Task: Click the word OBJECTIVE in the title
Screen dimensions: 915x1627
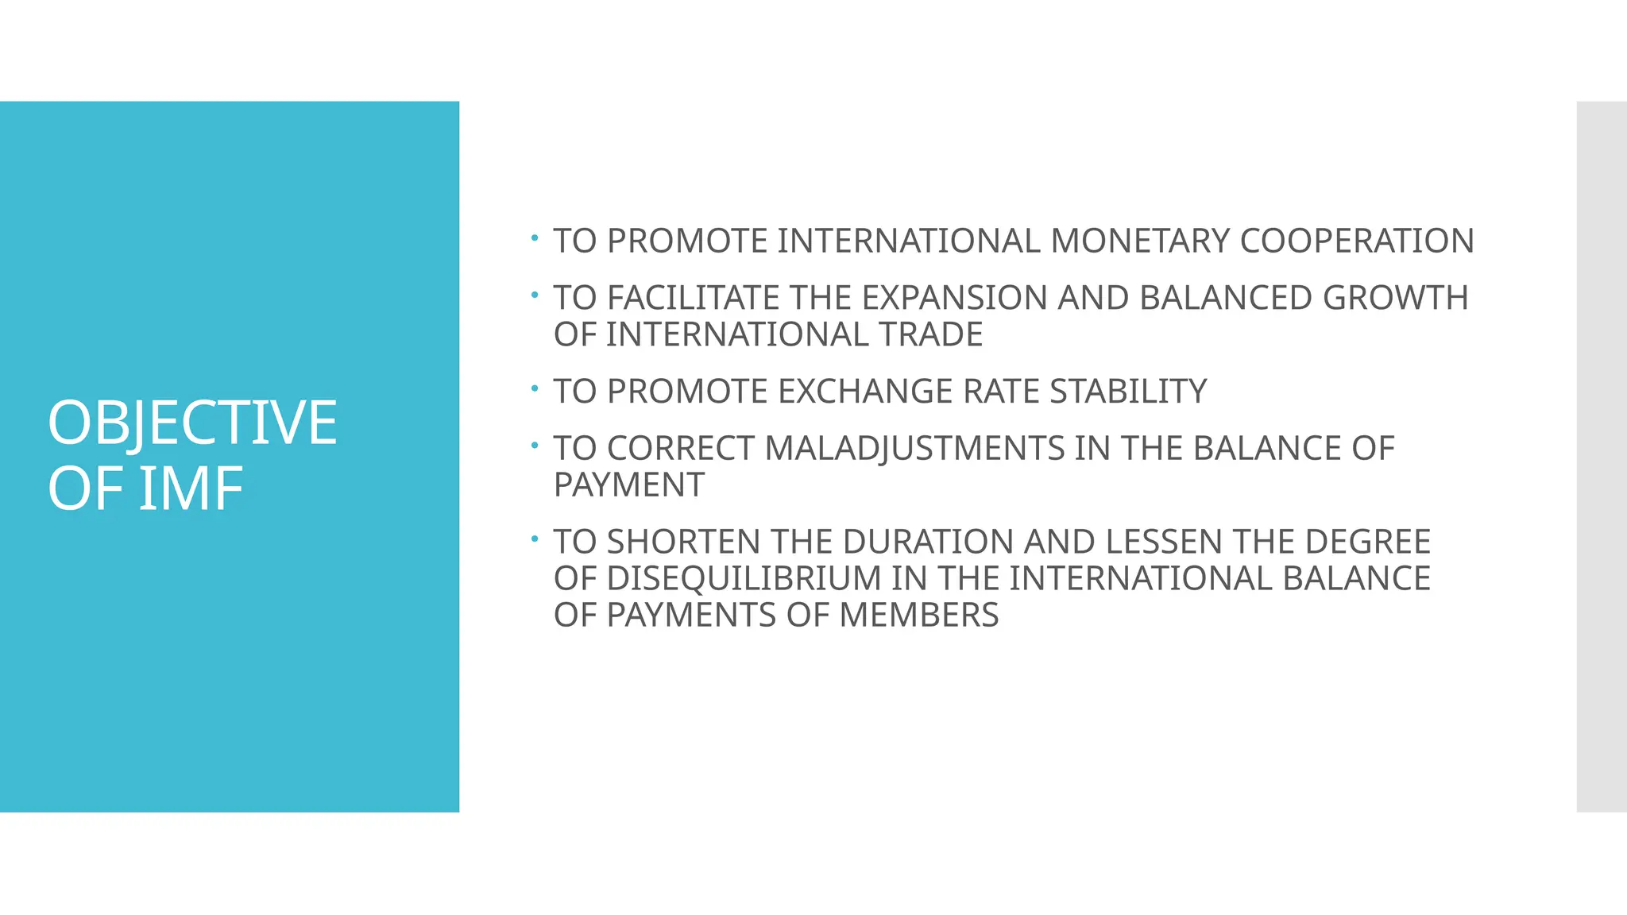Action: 192,423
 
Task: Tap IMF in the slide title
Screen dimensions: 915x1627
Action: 191,488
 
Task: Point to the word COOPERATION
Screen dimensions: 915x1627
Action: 1356,241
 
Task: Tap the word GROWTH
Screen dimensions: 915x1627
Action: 1395,298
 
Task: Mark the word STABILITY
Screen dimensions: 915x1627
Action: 1128,392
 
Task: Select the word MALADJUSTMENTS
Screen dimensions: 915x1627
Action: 914,449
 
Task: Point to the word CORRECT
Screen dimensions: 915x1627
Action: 681,449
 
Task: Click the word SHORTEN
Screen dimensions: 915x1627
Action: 684,542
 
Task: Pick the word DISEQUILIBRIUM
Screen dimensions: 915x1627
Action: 744,579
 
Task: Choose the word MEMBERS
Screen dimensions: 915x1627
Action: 918,616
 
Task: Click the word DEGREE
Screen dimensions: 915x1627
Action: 1367,542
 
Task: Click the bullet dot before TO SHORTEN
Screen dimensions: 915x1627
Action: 535,539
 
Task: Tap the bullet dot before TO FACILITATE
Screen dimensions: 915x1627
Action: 535,295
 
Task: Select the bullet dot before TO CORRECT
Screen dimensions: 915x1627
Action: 535,446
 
